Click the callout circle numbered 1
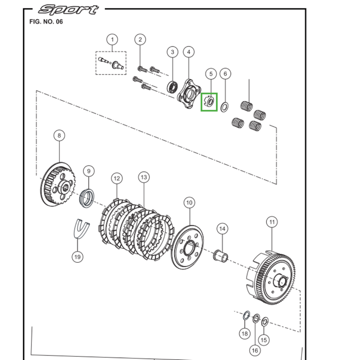(x=112, y=39)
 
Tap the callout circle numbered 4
(x=189, y=52)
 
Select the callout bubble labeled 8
(x=59, y=135)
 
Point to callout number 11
(x=271, y=221)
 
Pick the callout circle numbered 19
(x=77, y=256)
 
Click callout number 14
(x=221, y=229)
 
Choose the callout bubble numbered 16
(x=255, y=351)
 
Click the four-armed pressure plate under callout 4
(x=188, y=92)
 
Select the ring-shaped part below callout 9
(x=87, y=198)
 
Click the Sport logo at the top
(x=68, y=9)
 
